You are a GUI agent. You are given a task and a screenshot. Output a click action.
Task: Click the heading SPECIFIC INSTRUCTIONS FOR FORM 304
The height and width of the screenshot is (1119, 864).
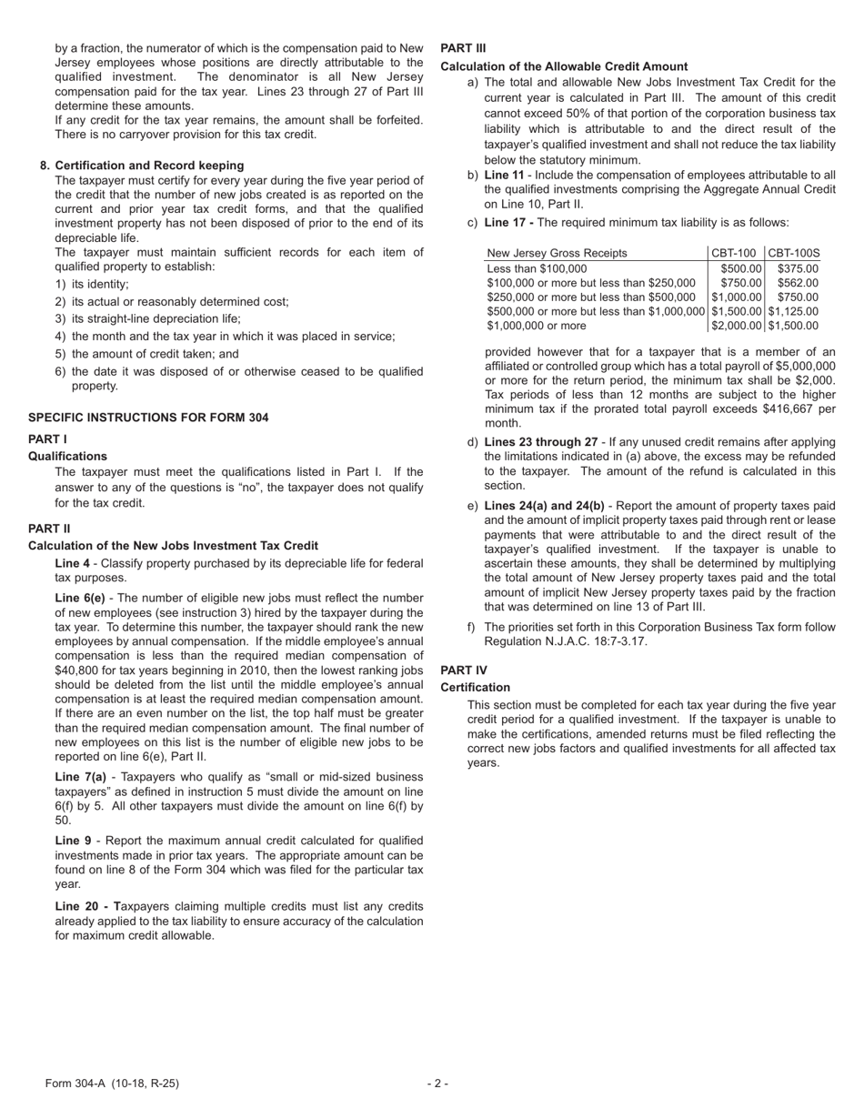(x=148, y=418)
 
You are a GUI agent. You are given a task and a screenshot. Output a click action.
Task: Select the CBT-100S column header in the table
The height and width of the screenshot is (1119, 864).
(x=794, y=253)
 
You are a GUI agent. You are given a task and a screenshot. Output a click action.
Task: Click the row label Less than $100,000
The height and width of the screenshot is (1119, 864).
(x=537, y=268)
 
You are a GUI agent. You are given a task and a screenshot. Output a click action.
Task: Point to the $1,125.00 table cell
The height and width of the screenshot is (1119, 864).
(x=793, y=311)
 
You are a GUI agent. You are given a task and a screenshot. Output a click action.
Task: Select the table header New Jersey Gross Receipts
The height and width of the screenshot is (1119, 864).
(x=557, y=253)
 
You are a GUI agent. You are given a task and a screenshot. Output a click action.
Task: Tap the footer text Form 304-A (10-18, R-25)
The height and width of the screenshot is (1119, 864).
(x=112, y=1084)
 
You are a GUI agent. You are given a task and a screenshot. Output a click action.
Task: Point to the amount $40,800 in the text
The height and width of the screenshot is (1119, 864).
(x=80, y=670)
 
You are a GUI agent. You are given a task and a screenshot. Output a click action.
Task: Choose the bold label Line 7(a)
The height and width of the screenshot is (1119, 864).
(x=80, y=777)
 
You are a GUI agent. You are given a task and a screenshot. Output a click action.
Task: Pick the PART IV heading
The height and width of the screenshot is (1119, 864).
(x=463, y=670)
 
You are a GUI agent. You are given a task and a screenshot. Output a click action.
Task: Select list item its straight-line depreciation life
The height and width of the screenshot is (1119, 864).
(x=156, y=318)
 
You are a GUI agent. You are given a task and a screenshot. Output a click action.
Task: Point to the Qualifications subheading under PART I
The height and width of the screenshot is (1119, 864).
(x=67, y=456)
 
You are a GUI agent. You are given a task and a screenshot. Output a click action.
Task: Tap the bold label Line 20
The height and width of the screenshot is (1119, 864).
(x=77, y=906)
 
